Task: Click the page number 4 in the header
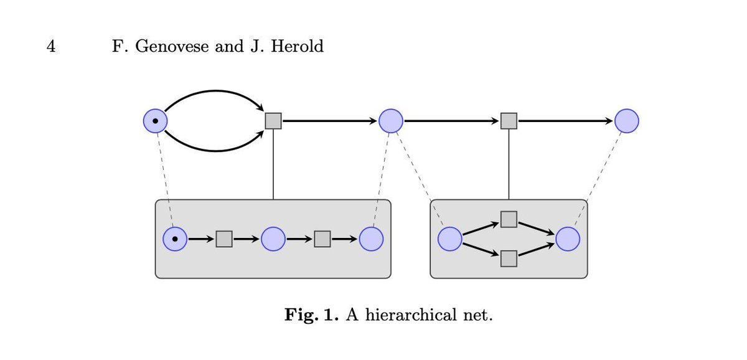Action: point(52,47)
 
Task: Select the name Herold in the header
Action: point(299,47)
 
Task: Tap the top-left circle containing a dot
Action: point(155,120)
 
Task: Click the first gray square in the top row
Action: point(273,120)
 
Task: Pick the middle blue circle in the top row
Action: point(391,120)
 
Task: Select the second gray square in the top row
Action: point(509,120)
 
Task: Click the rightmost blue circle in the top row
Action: point(627,120)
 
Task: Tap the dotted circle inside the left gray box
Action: point(175,239)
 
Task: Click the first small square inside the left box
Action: point(224,239)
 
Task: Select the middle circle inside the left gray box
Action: point(273,239)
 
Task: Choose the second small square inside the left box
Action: point(322,239)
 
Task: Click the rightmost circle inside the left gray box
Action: point(371,239)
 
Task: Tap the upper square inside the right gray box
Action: point(509,219)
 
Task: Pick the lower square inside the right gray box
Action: point(509,258)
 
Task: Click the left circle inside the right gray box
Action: point(450,239)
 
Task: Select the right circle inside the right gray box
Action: point(568,239)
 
